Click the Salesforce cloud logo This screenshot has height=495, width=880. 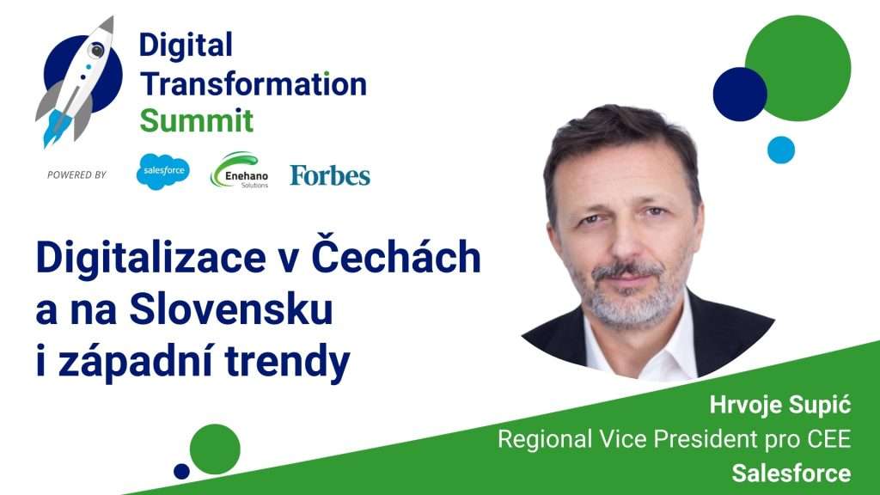pos(162,171)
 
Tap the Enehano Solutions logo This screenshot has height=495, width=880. pos(240,170)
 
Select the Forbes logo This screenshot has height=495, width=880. pos(330,175)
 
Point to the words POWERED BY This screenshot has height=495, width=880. pos(76,175)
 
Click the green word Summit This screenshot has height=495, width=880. pos(197,120)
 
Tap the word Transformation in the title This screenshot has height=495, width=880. pos(254,84)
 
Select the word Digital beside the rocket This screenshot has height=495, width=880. pos(186,45)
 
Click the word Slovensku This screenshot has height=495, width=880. pos(230,309)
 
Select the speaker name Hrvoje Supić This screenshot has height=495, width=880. pos(780,406)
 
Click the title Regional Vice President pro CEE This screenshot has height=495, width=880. pos(675,439)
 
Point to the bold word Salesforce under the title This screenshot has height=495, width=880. pos(791,474)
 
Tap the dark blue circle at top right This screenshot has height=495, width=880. pos(740,94)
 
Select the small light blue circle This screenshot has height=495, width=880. pos(781,150)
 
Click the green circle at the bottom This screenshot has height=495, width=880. pos(215,449)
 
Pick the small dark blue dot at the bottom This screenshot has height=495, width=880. pos(181,472)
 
